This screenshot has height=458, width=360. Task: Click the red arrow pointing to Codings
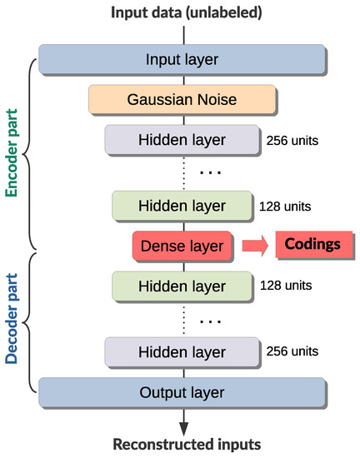point(256,246)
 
